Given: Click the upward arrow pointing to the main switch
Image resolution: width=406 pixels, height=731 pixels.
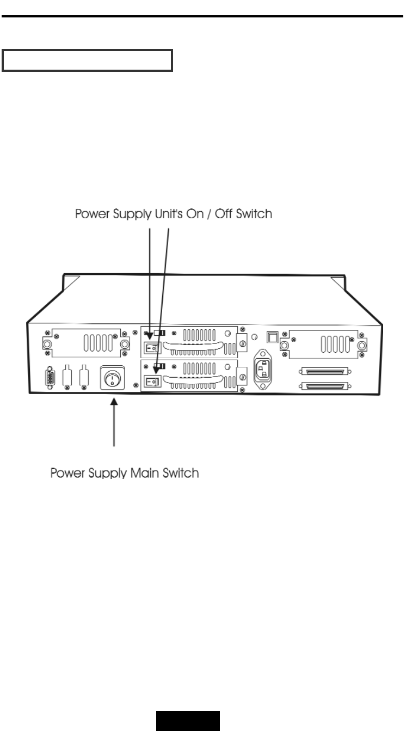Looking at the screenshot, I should click(114, 422).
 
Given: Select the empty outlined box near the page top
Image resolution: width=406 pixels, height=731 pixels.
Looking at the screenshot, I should click(87, 61).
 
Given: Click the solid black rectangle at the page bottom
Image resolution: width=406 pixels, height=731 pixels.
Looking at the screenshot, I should click(188, 720).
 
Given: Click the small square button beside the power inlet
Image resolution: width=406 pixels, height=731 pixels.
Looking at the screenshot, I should click(272, 337).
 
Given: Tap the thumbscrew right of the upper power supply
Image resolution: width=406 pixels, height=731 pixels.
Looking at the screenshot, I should click(242, 343).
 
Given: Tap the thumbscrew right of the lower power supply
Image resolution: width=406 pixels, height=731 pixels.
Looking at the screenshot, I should click(242, 376).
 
